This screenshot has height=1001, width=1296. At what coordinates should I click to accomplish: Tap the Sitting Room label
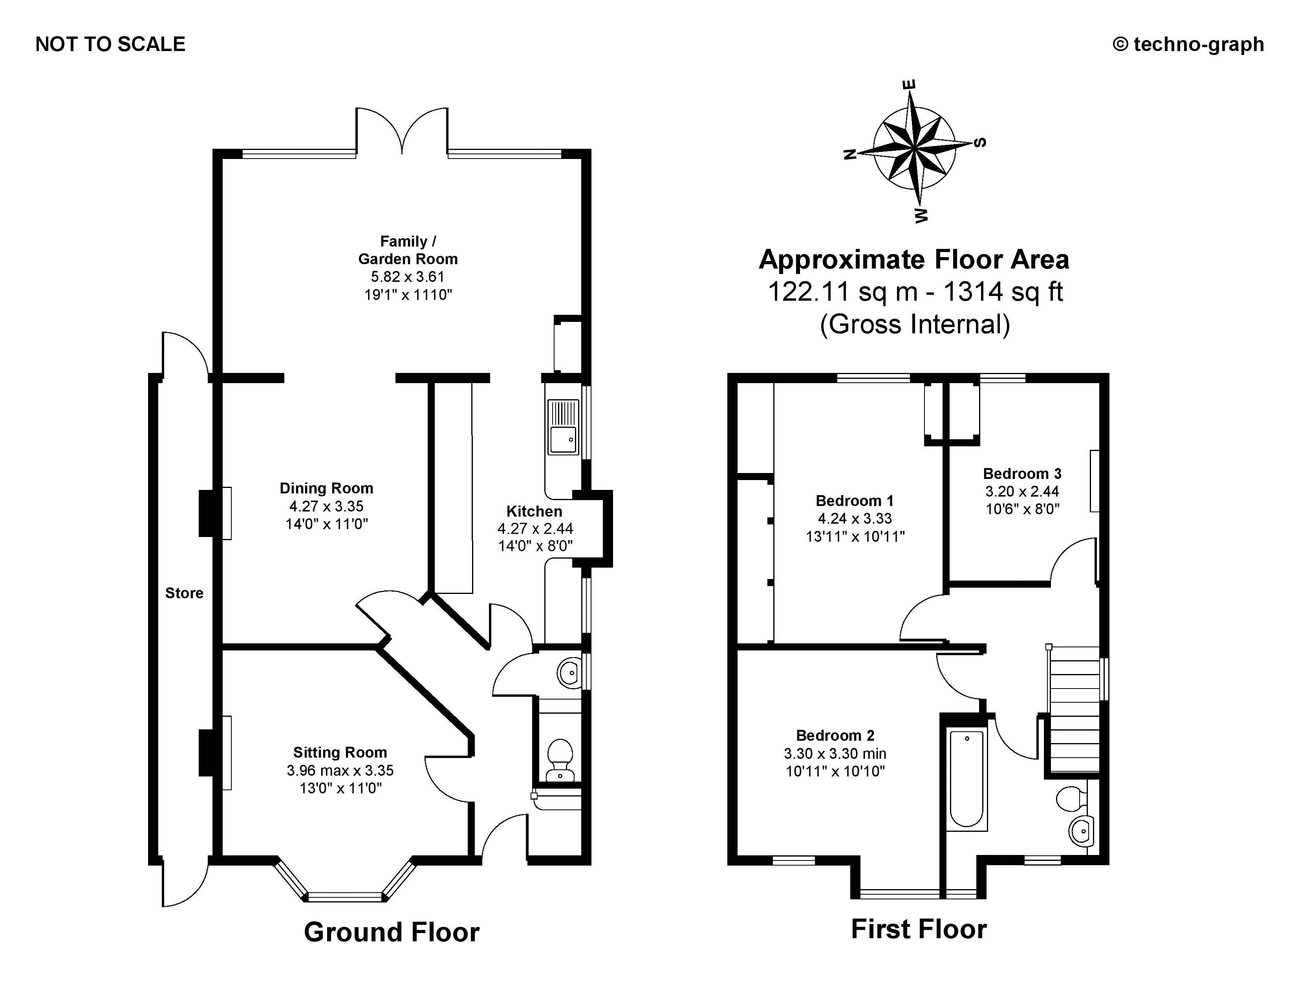[x=340, y=752]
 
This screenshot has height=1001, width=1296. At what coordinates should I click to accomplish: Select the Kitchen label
[x=534, y=511]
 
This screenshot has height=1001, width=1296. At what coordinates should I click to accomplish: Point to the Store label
[x=184, y=593]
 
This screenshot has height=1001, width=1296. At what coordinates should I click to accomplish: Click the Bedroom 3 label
[x=1022, y=473]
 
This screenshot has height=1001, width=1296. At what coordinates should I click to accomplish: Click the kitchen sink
[x=562, y=427]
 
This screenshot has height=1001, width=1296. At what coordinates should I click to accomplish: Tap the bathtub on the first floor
[x=966, y=778]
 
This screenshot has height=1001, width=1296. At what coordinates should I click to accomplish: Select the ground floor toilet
[x=559, y=759]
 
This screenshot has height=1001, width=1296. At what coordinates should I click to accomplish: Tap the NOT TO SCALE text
[x=110, y=44]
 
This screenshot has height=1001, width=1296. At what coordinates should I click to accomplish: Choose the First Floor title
[x=919, y=929]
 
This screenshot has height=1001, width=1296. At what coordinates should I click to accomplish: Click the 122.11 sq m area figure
[x=843, y=292]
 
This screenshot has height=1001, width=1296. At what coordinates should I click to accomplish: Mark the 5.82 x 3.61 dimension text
[x=408, y=276]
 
